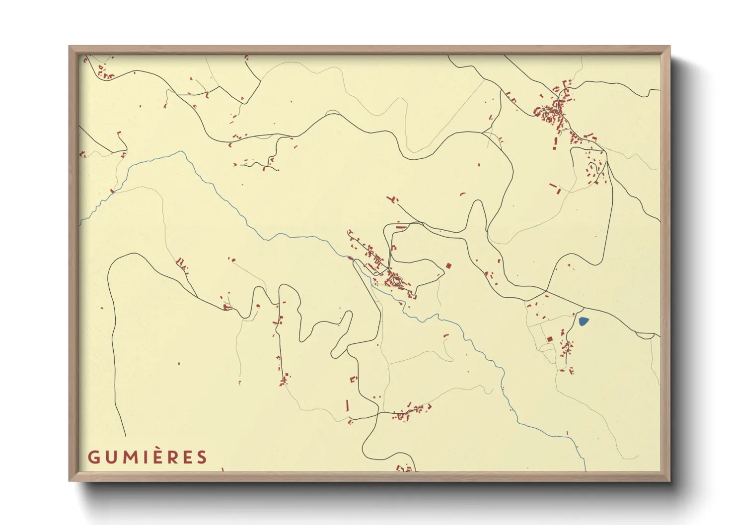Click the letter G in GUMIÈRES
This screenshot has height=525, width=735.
tap(94, 457)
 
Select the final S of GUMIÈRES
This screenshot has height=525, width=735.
tap(201, 457)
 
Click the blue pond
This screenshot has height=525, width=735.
tap(584, 322)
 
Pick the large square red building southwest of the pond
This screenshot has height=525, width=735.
tap(550, 339)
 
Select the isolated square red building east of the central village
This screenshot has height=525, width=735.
tap(448, 266)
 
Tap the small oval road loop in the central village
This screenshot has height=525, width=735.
tap(396, 281)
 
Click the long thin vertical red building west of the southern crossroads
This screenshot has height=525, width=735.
tap(347, 405)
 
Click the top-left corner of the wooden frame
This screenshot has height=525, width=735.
tap(70, 47)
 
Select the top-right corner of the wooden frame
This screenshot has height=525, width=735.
tap(669, 47)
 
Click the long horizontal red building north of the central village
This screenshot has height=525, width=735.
tap(401, 227)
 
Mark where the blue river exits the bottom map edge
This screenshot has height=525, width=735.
tap(586, 470)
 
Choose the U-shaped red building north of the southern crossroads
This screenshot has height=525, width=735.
tap(354, 379)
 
